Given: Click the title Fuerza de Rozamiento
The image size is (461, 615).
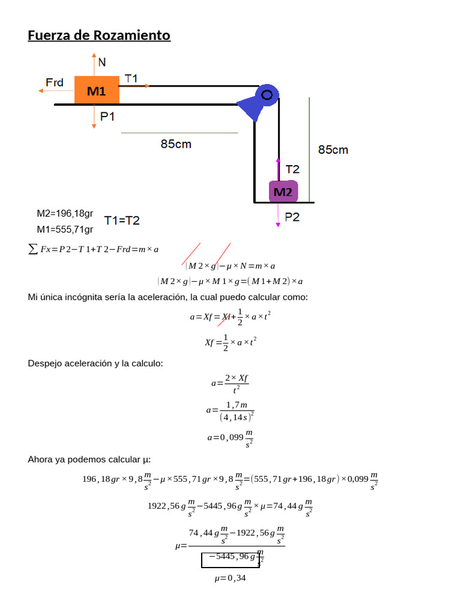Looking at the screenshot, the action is coord(99,35).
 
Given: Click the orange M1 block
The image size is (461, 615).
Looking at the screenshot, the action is coord(97,91).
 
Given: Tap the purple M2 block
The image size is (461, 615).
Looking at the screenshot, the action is coord(283,192).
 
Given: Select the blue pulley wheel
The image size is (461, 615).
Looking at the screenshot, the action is coord(266,94).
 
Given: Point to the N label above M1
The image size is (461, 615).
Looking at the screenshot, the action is coord(102,62).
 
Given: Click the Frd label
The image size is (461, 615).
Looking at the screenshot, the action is coord(55,82).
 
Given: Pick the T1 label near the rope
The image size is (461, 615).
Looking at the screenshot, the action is coord(131,78).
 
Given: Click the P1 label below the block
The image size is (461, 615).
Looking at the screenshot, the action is coord(108,117).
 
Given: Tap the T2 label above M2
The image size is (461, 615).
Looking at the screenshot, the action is coord(292,169).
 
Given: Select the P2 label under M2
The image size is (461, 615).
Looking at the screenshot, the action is coord(292,217).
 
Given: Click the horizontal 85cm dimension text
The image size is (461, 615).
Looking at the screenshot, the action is coord(176,144).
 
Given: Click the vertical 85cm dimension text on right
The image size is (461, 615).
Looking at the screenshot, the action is coord(333,150).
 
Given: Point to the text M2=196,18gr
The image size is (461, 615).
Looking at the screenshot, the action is coord(65,214).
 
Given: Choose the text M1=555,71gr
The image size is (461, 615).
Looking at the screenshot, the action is coord(65,229).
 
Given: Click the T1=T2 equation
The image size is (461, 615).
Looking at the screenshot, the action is coord(122,220).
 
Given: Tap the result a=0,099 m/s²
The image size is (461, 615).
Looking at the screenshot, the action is coord(230,438).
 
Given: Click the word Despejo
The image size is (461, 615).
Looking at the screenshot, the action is coord(45,363).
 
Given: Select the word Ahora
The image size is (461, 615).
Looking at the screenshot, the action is coord(41,459).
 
